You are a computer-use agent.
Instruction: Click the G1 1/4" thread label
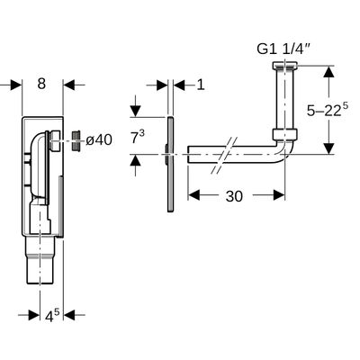click(284, 49)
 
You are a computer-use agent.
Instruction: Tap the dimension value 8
click(41, 84)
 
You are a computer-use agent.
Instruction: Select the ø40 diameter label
click(99, 140)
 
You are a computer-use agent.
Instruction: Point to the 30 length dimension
click(234, 196)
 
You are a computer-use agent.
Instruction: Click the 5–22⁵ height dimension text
click(328, 110)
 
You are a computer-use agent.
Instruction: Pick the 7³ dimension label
click(138, 138)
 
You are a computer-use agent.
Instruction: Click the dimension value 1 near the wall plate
click(201, 85)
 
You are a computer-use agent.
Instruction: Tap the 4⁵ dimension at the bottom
click(53, 316)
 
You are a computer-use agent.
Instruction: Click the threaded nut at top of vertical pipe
click(284, 67)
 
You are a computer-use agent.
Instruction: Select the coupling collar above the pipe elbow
click(285, 134)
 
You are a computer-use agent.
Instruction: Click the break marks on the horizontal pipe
click(224, 156)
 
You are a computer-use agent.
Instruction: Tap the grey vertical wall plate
click(170, 164)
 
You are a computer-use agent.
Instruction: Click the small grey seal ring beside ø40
click(76, 140)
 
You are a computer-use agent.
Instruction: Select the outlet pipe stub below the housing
click(40, 259)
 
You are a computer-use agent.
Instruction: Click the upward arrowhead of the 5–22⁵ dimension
click(329, 72)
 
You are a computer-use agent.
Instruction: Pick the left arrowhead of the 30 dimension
click(193, 195)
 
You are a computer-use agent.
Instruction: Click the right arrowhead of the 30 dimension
click(279, 195)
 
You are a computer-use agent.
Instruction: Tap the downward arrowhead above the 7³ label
click(136, 111)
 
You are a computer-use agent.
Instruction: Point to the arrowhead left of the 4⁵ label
click(34, 315)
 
